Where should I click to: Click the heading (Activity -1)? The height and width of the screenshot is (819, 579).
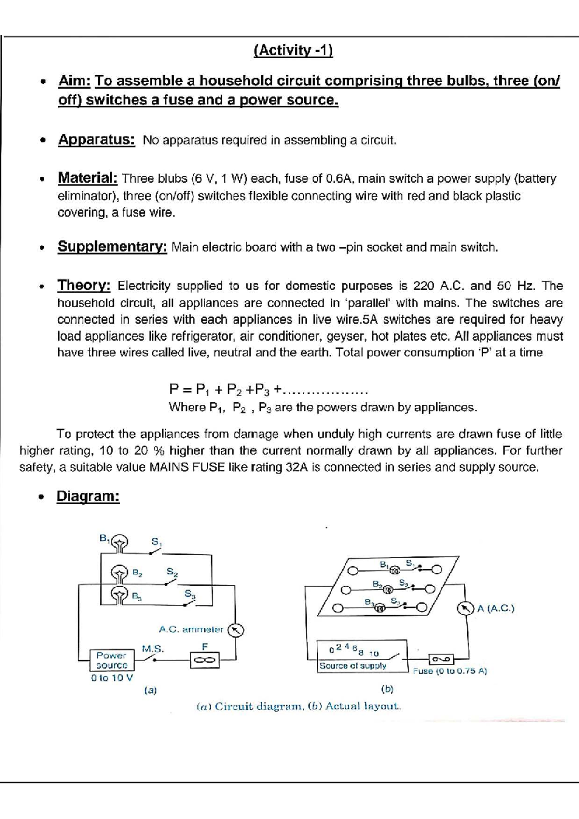pyautogui.click(x=293, y=50)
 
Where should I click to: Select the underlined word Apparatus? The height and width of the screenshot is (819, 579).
pyautogui.click(x=96, y=140)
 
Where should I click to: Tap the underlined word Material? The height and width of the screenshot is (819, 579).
pyautogui.click(x=88, y=178)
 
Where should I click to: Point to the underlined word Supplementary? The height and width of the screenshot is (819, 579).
pyautogui.click(x=112, y=247)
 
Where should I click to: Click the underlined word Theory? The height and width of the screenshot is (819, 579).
pyautogui.click(x=84, y=286)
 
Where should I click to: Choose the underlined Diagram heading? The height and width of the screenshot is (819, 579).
pyautogui.click(x=88, y=496)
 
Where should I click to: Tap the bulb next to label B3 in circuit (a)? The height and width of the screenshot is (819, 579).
pyautogui.click(x=119, y=594)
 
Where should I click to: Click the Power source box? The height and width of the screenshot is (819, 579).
pyautogui.click(x=111, y=660)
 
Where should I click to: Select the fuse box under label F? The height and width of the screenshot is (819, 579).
pyautogui.click(x=205, y=660)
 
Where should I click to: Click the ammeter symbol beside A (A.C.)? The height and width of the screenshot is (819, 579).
pyautogui.click(x=465, y=609)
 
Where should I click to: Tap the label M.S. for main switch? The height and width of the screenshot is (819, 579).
pyautogui.click(x=152, y=649)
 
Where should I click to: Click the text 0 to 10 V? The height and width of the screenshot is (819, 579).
pyautogui.click(x=112, y=678)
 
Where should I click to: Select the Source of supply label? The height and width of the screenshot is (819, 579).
pyautogui.click(x=353, y=666)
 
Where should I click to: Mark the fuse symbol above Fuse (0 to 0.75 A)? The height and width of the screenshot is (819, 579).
pyautogui.click(x=441, y=658)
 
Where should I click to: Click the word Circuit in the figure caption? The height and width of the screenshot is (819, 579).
pyautogui.click(x=234, y=707)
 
